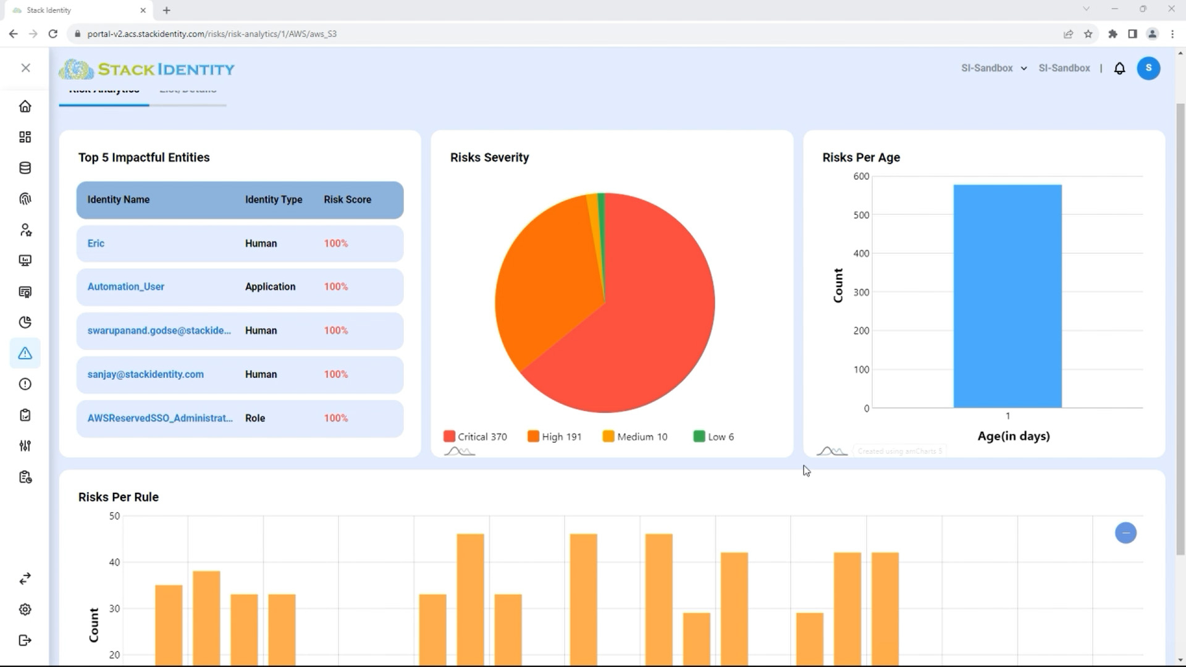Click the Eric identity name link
point(96,243)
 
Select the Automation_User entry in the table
point(126,287)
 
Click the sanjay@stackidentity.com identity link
point(145,374)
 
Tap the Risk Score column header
point(347,199)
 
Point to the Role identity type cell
point(254,418)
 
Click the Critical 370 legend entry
point(475,437)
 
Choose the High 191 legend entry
point(554,437)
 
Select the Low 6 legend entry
point(713,437)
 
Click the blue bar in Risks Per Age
point(1007,296)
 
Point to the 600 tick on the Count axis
point(861,177)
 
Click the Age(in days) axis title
point(1013,436)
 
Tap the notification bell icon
point(1119,69)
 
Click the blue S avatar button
point(1148,69)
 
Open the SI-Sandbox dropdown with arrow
point(994,69)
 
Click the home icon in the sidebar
point(25,106)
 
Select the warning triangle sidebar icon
point(25,353)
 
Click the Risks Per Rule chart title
point(118,497)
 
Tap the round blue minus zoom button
point(1125,533)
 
